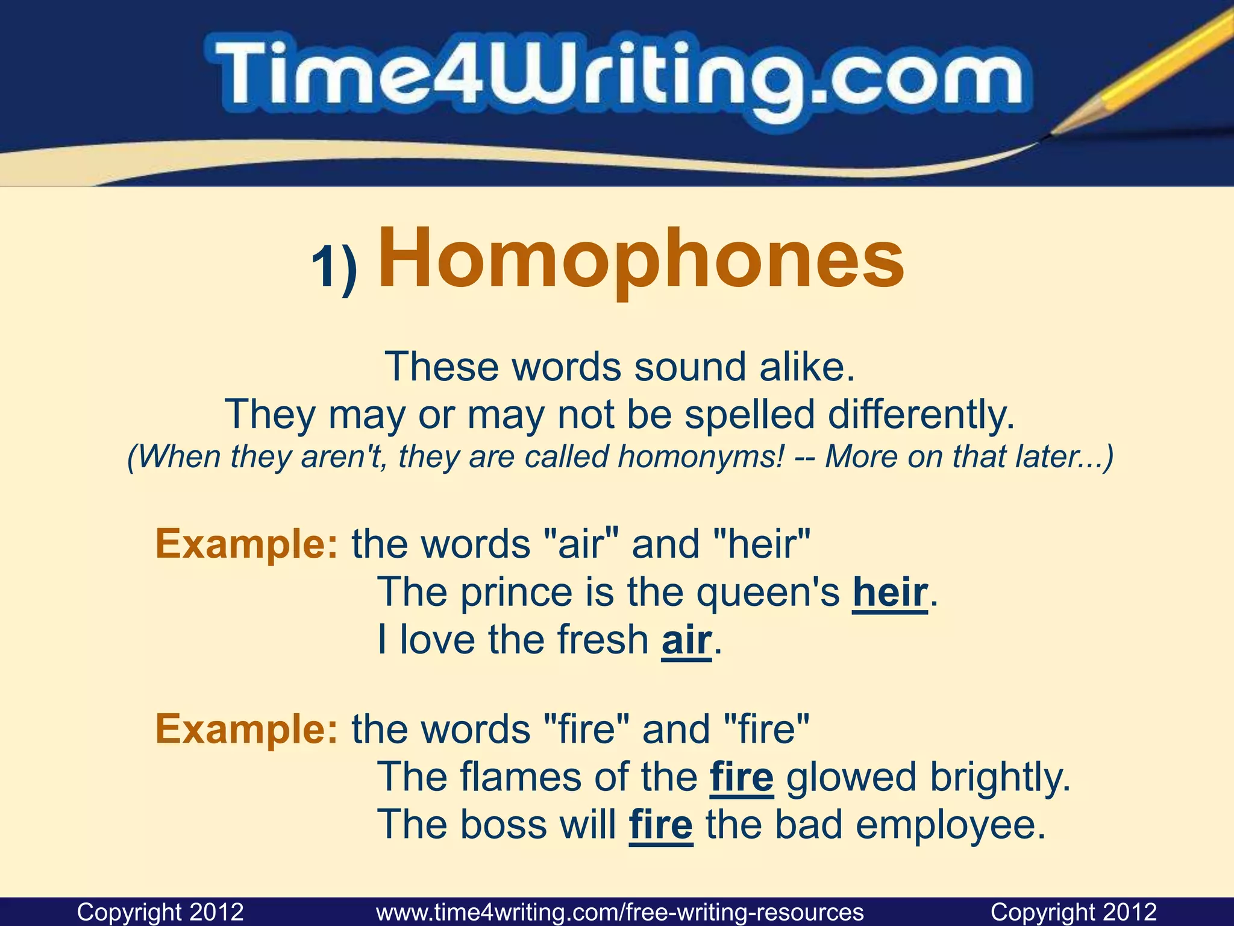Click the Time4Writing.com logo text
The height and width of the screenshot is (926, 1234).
click(x=618, y=78)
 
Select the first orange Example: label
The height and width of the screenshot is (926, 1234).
click(x=247, y=544)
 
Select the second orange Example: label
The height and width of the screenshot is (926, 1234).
click(x=247, y=729)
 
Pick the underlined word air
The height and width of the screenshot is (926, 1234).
click(x=686, y=640)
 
